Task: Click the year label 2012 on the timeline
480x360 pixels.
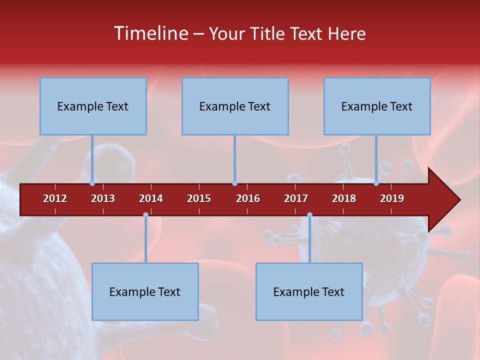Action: click(55, 198)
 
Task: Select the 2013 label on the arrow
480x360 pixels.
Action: click(103, 198)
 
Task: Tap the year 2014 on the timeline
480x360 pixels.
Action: click(151, 198)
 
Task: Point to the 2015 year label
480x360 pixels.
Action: click(199, 198)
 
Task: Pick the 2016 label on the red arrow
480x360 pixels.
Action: click(248, 198)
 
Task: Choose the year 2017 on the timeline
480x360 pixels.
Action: click(296, 198)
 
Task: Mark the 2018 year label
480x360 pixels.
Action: click(344, 198)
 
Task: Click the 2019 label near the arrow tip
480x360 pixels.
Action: click(392, 198)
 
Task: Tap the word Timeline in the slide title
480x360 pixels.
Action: click(150, 33)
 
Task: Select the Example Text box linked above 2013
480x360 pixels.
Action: click(93, 106)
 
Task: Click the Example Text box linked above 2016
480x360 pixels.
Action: click(235, 106)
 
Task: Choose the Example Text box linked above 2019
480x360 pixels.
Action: click(377, 106)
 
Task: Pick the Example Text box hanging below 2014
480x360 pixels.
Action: click(145, 291)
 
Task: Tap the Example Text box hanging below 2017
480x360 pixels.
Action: click(309, 291)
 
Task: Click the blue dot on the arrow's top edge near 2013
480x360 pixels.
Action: click(92, 183)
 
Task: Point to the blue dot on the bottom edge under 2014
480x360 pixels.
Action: click(145, 215)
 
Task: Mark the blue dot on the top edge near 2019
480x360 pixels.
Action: click(376, 183)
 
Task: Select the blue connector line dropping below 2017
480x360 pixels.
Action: click(309, 239)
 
